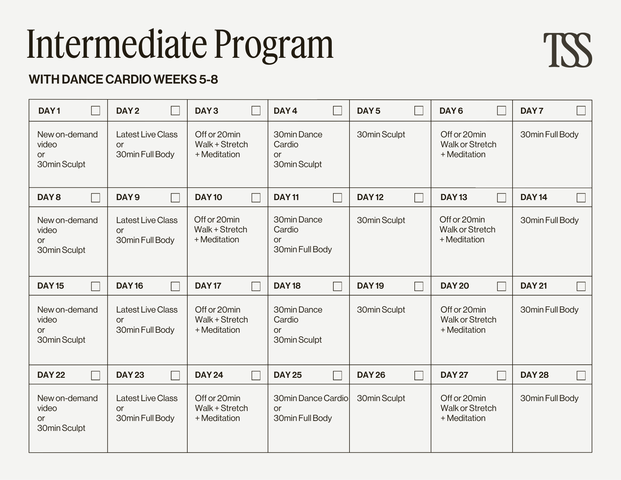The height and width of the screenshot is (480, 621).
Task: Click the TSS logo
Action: pos(567,50)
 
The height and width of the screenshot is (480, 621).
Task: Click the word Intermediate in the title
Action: pos(117,44)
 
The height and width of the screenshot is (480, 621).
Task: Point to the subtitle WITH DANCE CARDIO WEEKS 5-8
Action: pos(123,80)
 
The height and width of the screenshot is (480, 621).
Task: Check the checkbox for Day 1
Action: pos(95,111)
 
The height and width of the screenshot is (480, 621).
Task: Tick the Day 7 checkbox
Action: pos(581,111)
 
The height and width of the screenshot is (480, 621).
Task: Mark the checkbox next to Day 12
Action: pos(419,198)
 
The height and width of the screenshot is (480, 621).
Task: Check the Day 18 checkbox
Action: pos(337,286)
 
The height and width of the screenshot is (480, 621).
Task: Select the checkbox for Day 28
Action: pos(581,375)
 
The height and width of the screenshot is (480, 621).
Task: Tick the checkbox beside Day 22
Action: pos(95,375)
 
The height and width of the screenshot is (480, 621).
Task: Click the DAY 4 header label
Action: pos(285,111)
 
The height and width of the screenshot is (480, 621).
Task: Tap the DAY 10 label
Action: pos(208,197)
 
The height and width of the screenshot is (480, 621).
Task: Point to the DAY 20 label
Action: pos(454,286)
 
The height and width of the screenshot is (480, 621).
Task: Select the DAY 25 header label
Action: pos(287,375)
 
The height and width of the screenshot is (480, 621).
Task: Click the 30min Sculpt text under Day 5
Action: pos(381,135)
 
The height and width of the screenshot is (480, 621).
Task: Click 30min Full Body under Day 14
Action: pos(549,220)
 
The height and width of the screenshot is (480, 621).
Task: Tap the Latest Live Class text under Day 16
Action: pos(147,310)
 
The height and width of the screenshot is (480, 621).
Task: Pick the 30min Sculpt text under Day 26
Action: pos(381,398)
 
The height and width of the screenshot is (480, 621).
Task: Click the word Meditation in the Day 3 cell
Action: pos(220,154)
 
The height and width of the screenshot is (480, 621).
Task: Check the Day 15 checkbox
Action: pos(95,286)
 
